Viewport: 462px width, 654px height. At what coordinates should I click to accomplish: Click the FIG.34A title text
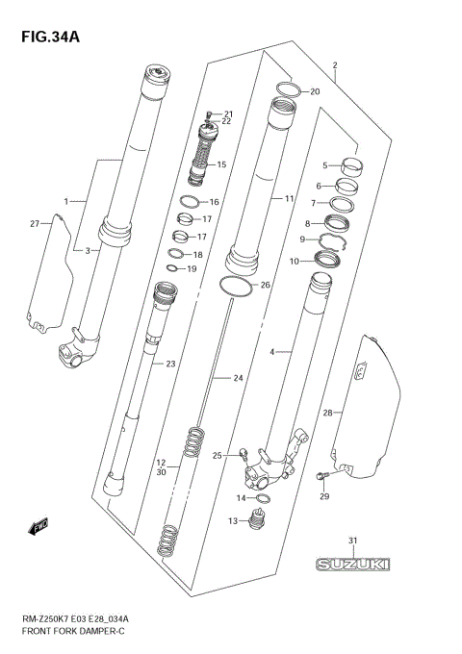click(43, 38)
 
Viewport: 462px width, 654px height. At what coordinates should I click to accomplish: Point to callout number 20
click(314, 91)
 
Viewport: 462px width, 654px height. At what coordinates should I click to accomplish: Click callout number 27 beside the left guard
click(35, 223)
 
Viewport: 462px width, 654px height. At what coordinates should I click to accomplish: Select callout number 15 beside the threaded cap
click(220, 164)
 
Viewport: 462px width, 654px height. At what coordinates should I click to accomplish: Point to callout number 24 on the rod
click(238, 378)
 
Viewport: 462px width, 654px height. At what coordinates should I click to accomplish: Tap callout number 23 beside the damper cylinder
click(170, 364)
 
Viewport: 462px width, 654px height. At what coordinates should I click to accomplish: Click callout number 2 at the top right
click(334, 66)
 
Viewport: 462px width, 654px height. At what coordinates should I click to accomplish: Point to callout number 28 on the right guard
click(327, 413)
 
